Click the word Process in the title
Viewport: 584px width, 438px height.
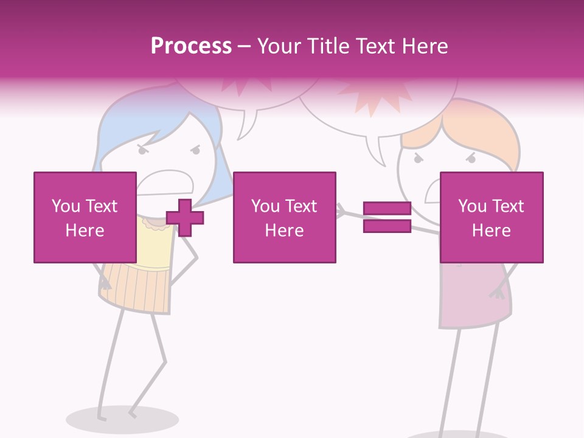191,46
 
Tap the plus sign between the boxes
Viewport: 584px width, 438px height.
185,217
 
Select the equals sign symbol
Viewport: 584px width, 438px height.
387,217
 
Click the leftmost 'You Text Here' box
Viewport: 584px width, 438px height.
85,217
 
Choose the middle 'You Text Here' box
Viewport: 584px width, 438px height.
284,217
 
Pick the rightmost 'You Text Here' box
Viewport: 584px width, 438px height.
491,217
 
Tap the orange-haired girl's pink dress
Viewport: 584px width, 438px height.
474,298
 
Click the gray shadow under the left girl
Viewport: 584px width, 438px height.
113,420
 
